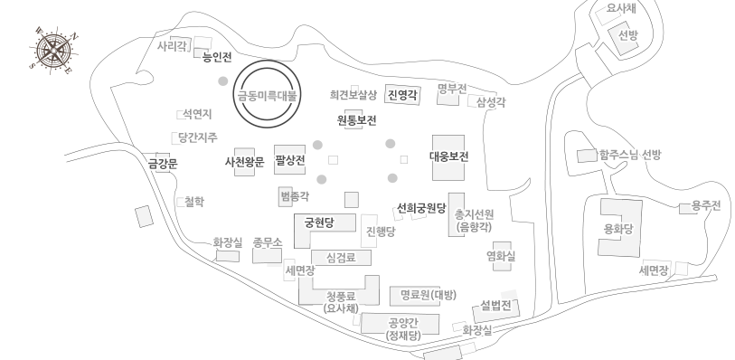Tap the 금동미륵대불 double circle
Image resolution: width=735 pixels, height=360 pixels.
pyautogui.click(x=267, y=93)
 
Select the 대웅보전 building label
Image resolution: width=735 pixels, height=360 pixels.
pyautogui.click(x=448, y=156)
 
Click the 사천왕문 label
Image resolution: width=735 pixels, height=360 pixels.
pyautogui.click(x=244, y=162)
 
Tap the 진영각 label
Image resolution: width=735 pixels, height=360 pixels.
pyautogui.click(x=402, y=93)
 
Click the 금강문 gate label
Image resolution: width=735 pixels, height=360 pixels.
pyautogui.click(x=164, y=164)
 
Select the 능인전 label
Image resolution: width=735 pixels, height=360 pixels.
pyautogui.click(x=218, y=56)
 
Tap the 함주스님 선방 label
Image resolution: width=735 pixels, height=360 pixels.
pyautogui.click(x=630, y=155)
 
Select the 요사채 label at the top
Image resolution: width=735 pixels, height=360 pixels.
pyautogui.click(x=620, y=8)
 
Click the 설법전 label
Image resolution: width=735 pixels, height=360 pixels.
pyautogui.click(x=496, y=304)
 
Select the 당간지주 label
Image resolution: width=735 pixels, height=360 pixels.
pyautogui.click(x=198, y=137)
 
